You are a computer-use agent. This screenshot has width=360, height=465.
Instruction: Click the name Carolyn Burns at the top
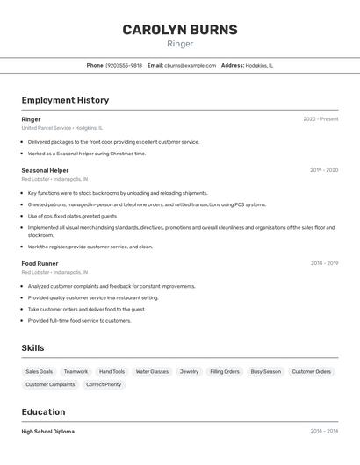tap(179, 30)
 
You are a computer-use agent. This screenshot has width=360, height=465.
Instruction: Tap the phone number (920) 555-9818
tap(124, 65)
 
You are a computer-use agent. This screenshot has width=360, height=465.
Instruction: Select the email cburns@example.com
tap(190, 65)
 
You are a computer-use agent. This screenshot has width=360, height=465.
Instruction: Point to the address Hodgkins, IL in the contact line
tap(259, 65)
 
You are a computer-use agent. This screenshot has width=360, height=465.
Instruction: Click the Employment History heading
tap(65, 100)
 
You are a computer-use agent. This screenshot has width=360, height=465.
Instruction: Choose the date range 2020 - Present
tap(320, 119)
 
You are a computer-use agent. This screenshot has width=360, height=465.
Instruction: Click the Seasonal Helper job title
tap(45, 170)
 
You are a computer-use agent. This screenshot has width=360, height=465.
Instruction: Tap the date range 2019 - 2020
tap(323, 170)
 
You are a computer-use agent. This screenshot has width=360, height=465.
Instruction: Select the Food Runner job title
tap(40, 263)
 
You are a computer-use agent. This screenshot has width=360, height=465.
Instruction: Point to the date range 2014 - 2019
tap(323, 263)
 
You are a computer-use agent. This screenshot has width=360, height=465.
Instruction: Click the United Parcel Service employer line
tap(61, 128)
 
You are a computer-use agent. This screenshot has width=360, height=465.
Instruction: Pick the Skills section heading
tap(32, 348)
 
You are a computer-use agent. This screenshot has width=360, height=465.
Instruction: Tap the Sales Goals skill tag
tap(39, 372)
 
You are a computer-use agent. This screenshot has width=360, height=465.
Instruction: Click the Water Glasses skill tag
tap(152, 372)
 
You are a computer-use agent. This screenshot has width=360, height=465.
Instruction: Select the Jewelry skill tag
tap(189, 372)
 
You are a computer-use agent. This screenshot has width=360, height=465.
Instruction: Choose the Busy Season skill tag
tap(265, 372)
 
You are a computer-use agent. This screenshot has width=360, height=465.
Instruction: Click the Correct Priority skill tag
tap(104, 384)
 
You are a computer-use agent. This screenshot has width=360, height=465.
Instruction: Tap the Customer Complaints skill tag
tap(50, 384)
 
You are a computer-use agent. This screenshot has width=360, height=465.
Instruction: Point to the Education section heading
tap(43, 411)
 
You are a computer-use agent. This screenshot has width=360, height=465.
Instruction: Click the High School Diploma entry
tap(47, 432)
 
